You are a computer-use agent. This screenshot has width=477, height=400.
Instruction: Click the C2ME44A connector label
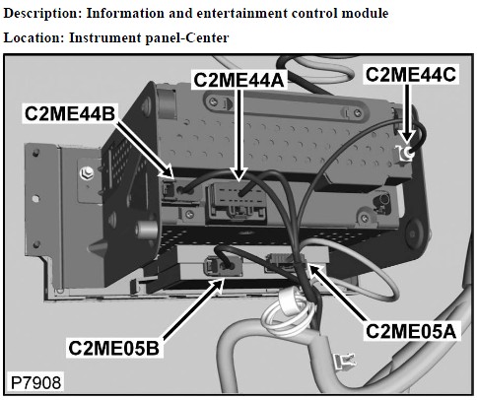click(x=238, y=80)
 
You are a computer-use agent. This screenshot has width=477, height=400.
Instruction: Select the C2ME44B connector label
click(x=70, y=113)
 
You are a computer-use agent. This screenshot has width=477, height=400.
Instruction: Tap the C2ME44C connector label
click(x=411, y=75)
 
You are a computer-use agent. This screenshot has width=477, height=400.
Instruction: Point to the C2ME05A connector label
click(x=411, y=331)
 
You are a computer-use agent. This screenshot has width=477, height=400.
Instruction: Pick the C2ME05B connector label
click(x=113, y=348)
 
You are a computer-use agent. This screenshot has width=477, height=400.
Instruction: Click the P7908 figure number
click(x=36, y=382)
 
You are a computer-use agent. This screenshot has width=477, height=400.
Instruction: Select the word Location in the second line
click(x=34, y=37)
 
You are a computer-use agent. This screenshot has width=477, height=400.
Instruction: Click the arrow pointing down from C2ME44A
click(x=238, y=135)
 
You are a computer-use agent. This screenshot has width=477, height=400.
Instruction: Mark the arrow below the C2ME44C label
click(x=407, y=114)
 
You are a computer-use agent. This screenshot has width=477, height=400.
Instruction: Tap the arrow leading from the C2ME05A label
click(x=337, y=294)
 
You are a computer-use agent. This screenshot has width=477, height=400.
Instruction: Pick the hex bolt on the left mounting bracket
click(x=87, y=173)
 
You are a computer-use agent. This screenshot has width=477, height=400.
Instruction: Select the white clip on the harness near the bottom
click(x=345, y=361)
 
